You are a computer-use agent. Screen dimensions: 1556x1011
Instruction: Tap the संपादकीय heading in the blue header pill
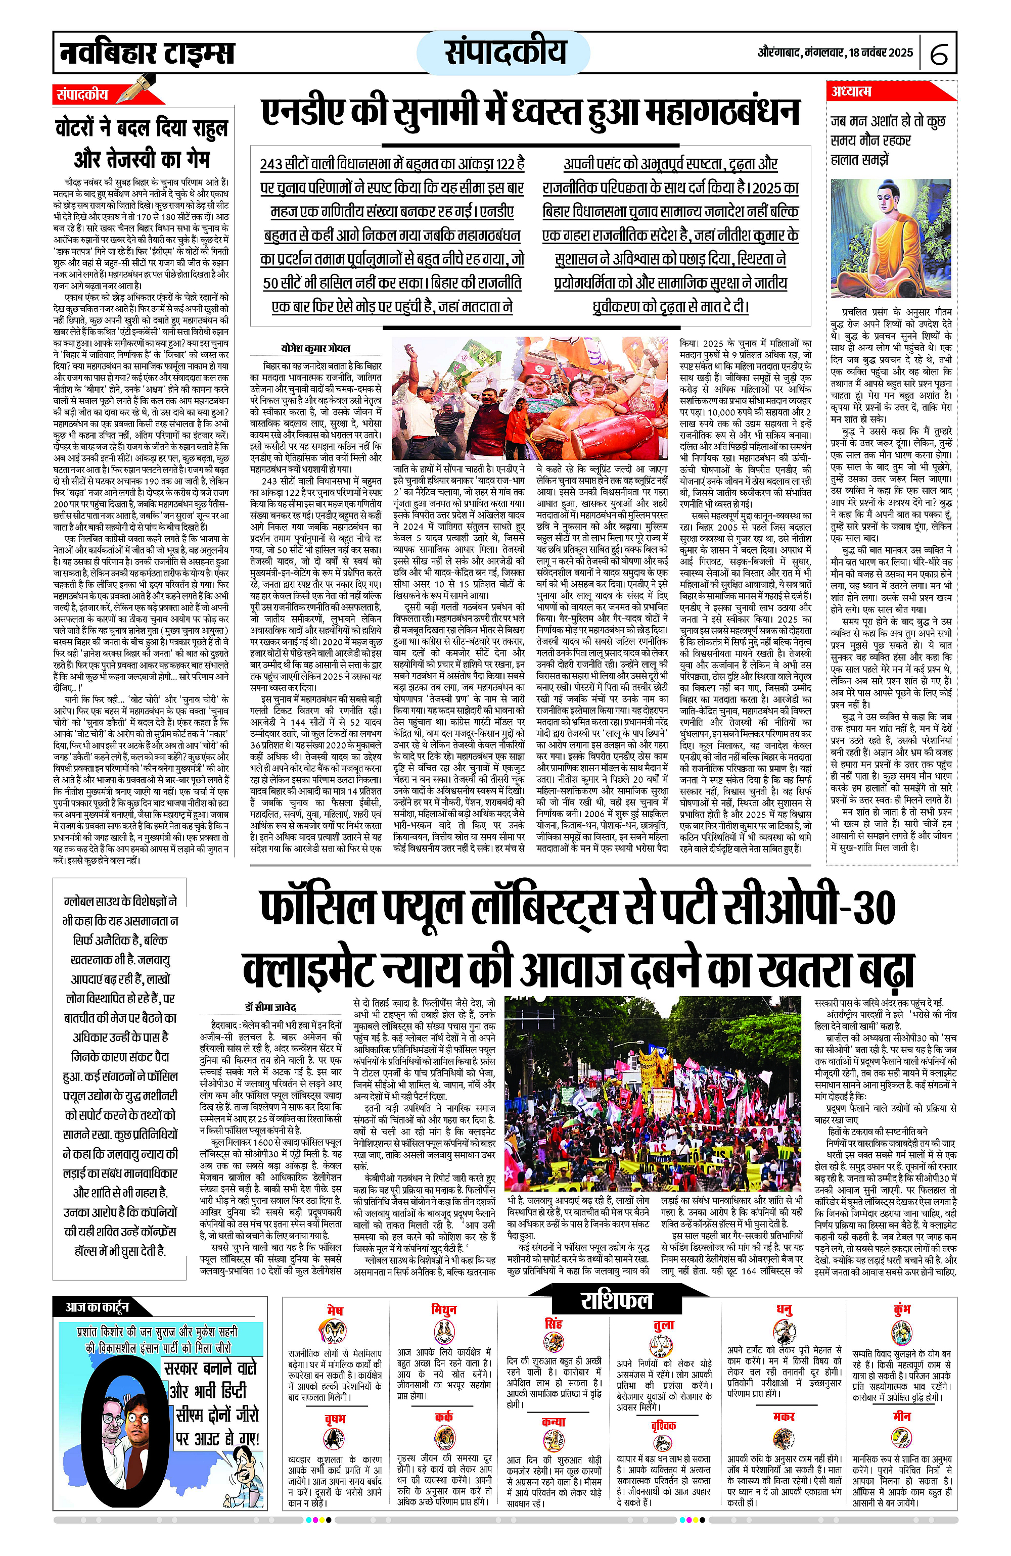pos(504,52)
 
